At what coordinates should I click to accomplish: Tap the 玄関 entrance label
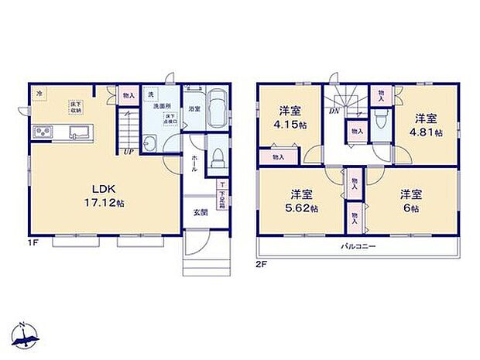pos(200,212)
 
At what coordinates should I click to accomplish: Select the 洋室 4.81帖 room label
pos(427,125)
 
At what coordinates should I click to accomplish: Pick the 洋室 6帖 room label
pos(411,200)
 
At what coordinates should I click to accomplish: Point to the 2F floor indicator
pos(260,264)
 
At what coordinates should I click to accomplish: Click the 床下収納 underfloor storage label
pos(76,106)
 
